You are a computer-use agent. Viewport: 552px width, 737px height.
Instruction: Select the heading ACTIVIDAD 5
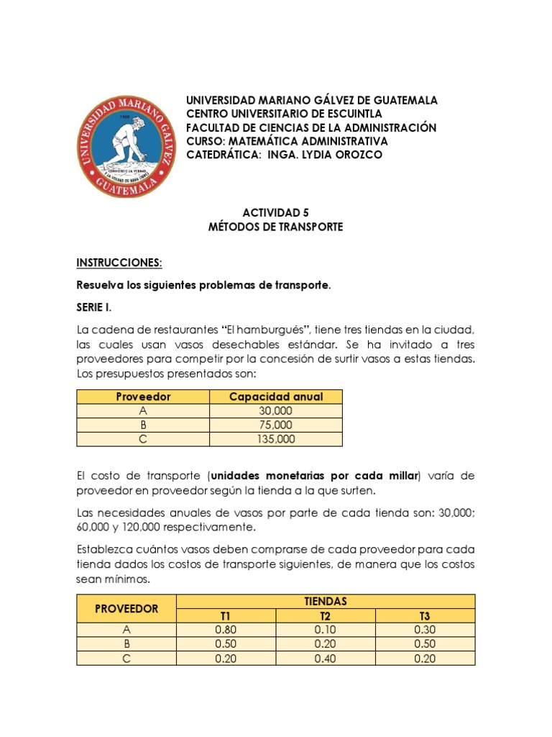pos(275,212)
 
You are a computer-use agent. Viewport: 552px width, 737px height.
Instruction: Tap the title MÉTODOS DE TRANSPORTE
pos(275,227)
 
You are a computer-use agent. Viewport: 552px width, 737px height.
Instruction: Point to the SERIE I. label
pos(94,307)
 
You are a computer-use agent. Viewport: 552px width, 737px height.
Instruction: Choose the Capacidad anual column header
pos(276,397)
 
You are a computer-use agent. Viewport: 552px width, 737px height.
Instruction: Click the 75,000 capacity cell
pos(276,425)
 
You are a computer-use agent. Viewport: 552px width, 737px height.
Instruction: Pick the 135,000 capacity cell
pos(276,439)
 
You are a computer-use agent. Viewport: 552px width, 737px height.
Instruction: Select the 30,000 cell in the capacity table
pos(276,411)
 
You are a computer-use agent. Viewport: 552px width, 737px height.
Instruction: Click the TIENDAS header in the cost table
pos(326,601)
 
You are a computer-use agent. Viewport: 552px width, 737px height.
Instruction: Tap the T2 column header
pos(326,615)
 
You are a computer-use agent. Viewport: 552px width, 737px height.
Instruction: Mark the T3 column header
pos(425,615)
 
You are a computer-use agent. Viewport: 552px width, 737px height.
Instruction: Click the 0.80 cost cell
pos(226,630)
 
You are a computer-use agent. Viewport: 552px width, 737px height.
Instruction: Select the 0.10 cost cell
pos(326,630)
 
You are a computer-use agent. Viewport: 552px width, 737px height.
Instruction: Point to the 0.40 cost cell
pos(326,659)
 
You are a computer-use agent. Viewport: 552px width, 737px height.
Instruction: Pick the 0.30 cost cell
pos(425,630)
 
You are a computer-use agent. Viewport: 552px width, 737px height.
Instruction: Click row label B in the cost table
pos(126,644)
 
